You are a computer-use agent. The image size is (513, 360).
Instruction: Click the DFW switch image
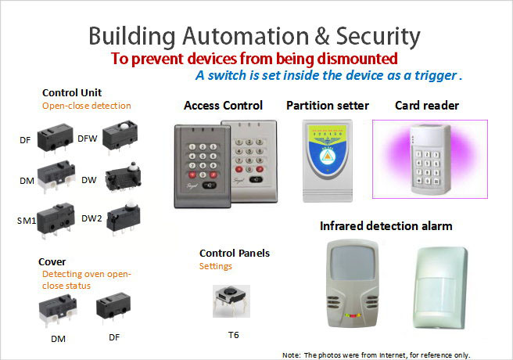(120, 136)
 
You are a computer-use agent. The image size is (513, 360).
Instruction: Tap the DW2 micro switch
(124, 218)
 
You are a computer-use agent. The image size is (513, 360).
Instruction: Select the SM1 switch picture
(56, 218)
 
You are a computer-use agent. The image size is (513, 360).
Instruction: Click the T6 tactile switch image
(231, 301)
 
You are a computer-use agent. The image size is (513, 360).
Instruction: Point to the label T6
(233, 335)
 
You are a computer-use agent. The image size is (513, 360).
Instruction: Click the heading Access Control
(223, 106)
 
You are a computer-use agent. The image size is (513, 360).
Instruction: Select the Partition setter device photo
(327, 160)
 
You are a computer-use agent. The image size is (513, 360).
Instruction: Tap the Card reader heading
(427, 106)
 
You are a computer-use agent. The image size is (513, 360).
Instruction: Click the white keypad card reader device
(429, 160)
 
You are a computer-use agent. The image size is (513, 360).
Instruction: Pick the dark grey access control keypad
(203, 167)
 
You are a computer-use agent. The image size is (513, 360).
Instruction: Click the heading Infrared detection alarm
(386, 226)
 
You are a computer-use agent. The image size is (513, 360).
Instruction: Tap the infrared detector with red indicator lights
(353, 283)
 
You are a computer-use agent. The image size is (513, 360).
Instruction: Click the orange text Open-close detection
(87, 106)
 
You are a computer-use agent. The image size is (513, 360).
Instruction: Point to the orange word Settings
(216, 266)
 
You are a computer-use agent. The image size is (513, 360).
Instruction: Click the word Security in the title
(378, 36)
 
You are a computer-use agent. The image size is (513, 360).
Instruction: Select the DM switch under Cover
(58, 310)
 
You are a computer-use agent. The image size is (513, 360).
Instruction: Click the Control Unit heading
(72, 92)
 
